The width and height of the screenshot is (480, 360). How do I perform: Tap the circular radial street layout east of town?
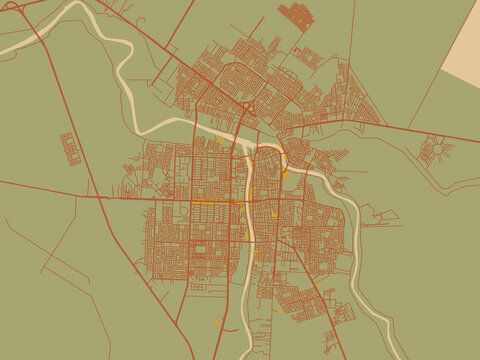[x=437, y=151]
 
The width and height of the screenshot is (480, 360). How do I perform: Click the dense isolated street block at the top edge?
[x=296, y=16]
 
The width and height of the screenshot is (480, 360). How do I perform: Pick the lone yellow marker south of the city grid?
[x=217, y=322]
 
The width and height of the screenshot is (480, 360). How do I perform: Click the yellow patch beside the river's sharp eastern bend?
[x=284, y=174]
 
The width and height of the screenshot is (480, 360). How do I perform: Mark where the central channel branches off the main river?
[x=247, y=150]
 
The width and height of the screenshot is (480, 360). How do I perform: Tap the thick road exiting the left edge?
[x=4, y=182]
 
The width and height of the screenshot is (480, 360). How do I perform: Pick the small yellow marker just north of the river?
[x=220, y=141]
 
